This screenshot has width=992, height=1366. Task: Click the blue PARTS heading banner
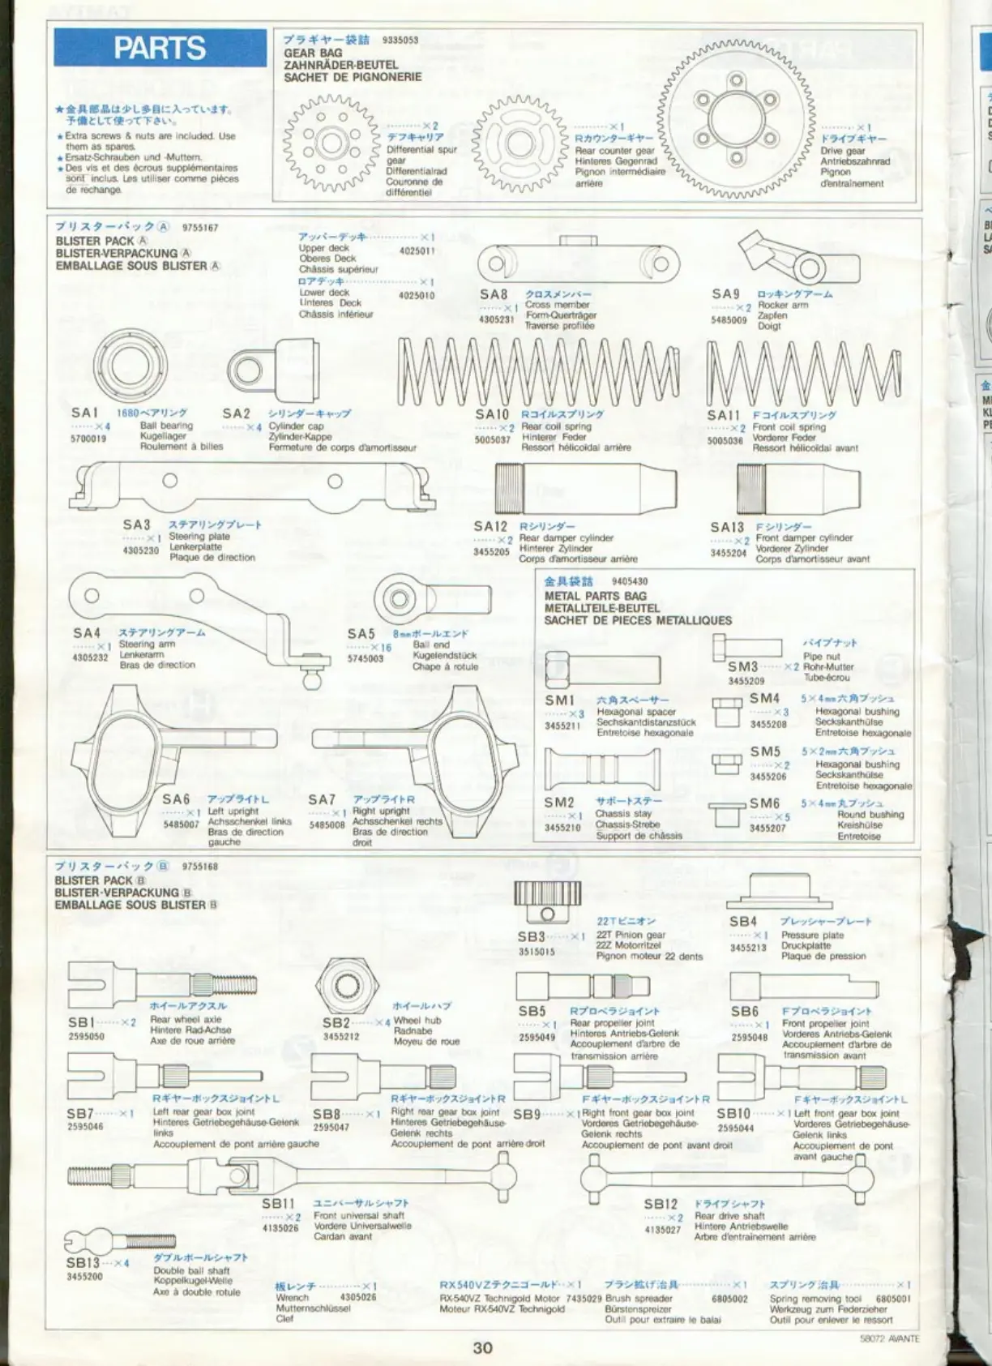coord(160,48)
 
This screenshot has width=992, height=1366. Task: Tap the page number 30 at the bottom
coord(482,1347)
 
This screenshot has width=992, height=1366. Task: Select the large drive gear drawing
coord(736,118)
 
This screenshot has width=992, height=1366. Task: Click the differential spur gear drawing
coord(331,143)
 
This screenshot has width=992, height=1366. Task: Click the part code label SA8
coord(494,294)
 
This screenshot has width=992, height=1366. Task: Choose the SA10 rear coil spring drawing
coord(539,370)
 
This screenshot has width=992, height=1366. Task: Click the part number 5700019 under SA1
coord(88,439)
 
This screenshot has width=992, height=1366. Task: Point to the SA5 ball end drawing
coord(396,601)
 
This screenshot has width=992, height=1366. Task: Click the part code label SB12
coord(661,1204)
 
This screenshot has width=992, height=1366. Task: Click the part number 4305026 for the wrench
coord(358,1297)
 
